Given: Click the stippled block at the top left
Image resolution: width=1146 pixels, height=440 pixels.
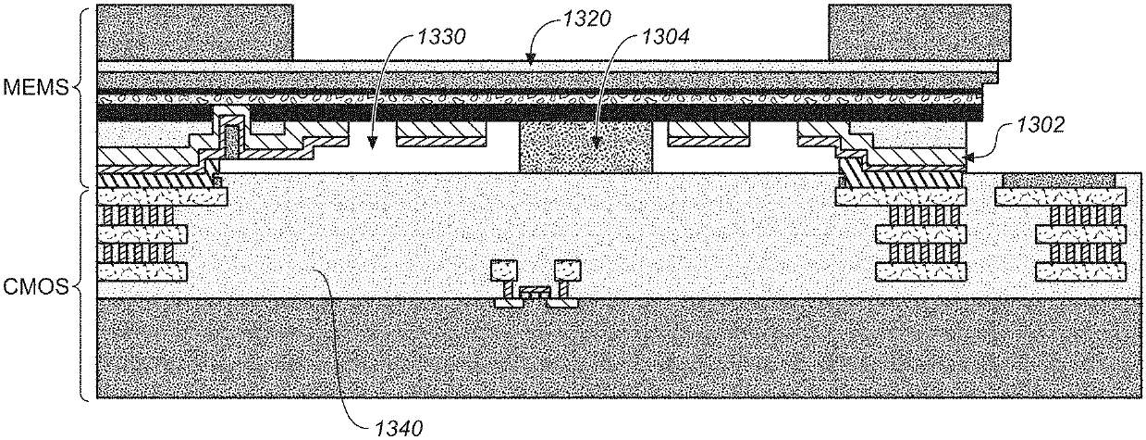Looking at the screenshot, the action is coord(195,32).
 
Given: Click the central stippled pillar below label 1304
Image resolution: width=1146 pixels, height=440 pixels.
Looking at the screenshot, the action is coord(586,146).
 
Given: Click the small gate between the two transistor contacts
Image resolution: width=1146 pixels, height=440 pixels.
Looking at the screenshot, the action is coord(534,294).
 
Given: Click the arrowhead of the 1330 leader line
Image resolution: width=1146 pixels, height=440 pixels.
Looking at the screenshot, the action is coord(371,148).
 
